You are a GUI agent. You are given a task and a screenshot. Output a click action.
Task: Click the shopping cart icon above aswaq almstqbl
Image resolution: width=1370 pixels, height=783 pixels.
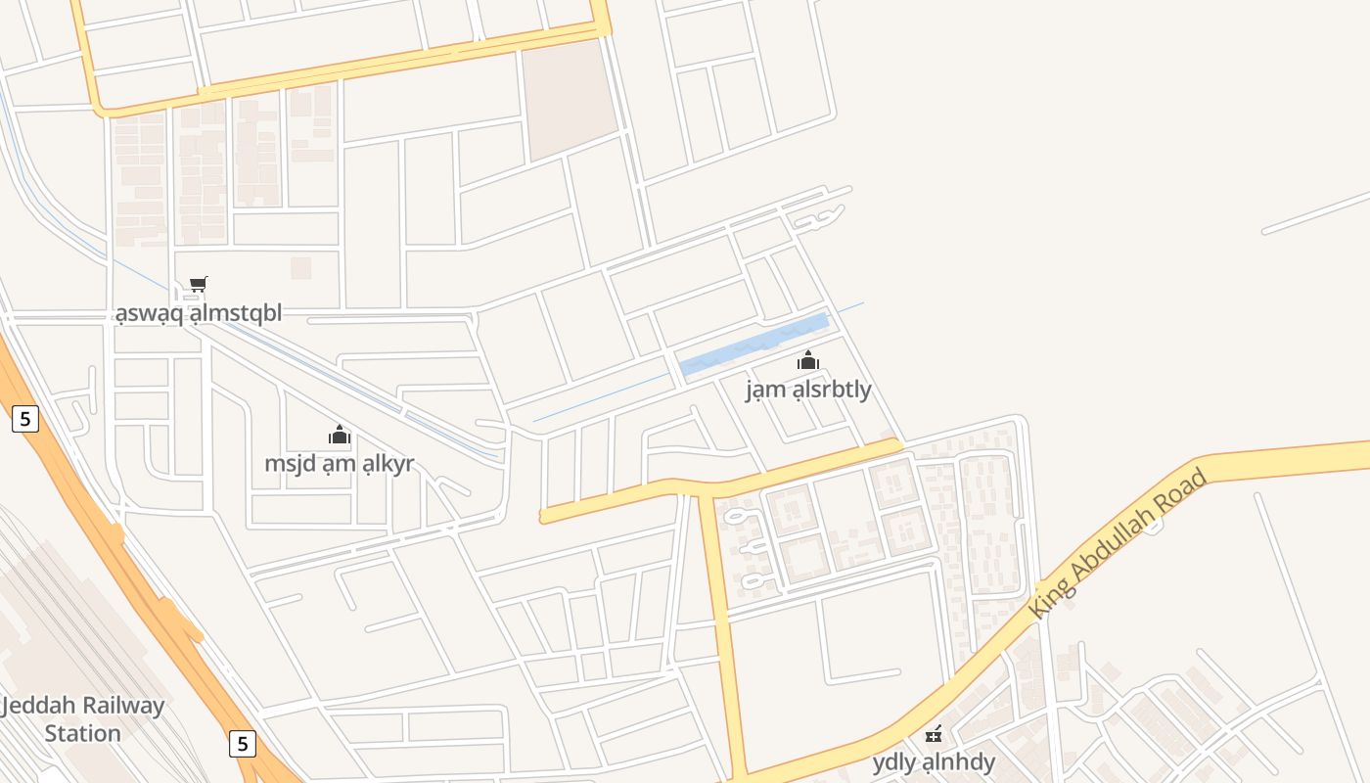point(198,285)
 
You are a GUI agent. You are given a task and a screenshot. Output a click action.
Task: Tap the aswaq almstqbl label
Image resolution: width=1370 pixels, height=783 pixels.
point(199,313)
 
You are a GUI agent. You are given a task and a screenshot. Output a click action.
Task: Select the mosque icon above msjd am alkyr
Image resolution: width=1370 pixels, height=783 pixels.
point(340,435)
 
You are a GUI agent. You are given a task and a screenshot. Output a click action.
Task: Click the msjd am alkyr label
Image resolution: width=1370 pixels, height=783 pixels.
point(340,463)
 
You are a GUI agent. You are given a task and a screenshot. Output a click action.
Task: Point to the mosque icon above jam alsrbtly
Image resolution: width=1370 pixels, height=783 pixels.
point(807,360)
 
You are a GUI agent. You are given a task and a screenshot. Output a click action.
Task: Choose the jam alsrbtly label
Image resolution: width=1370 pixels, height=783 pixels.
point(808,390)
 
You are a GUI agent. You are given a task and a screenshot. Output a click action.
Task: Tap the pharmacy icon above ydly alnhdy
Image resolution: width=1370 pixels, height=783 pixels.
point(934,733)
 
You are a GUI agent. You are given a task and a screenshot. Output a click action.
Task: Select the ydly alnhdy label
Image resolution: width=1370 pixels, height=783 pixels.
point(934,761)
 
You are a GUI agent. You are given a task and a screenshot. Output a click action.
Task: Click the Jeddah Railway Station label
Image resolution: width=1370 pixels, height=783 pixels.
point(83,719)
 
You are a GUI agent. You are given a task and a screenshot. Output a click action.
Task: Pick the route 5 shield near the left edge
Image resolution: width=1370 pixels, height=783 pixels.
point(25,419)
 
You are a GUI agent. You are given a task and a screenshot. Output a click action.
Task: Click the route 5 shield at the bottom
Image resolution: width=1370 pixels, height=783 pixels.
point(243,743)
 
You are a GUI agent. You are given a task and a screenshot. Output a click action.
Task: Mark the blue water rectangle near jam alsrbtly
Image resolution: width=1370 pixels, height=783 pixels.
point(754,344)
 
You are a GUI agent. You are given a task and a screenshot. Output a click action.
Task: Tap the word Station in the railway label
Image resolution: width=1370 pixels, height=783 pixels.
point(83,733)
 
